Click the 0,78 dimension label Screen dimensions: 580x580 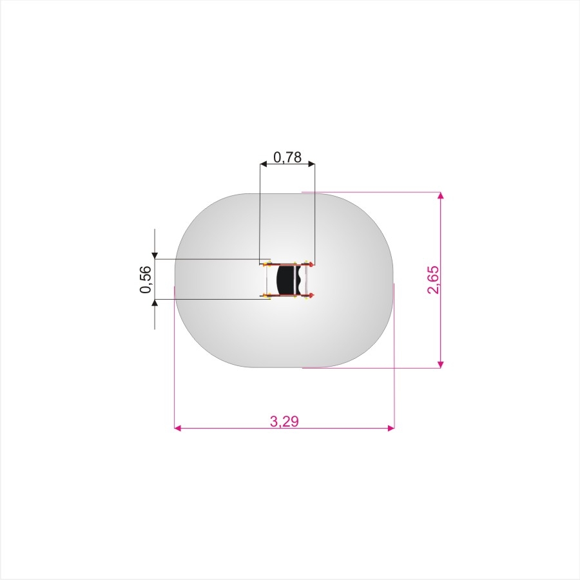(x=287, y=158)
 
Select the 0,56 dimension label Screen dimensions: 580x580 (x=146, y=280)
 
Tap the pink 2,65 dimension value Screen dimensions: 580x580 (x=433, y=280)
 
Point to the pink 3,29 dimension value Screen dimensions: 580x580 (x=284, y=421)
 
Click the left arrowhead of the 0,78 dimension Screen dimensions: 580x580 (x=264, y=164)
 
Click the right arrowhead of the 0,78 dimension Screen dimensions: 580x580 (x=311, y=164)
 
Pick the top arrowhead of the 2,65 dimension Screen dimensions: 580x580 (x=440, y=196)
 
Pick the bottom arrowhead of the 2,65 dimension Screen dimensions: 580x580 (x=440, y=365)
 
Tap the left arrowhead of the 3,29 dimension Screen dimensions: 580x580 (x=178, y=428)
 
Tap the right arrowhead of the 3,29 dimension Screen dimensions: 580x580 (x=391, y=428)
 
